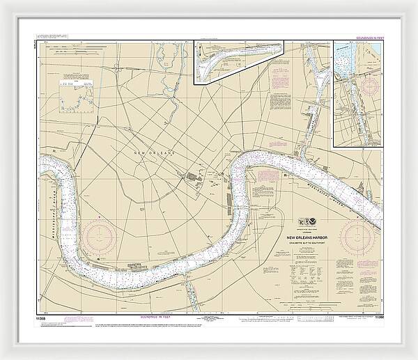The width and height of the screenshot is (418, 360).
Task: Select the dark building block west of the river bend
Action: [189, 177]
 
